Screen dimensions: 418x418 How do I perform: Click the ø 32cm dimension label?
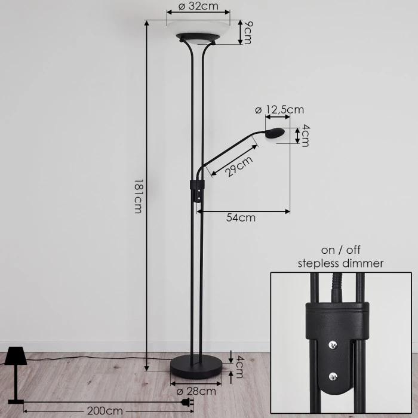pos(198,6)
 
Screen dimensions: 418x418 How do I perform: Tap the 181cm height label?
pos(138,196)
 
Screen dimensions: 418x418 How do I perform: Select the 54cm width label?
pos(241,218)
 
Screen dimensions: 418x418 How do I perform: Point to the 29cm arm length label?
pos(239,167)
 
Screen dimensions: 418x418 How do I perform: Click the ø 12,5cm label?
pos(279,110)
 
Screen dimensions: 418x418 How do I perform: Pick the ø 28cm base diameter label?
pos(196,391)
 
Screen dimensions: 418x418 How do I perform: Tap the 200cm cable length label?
pos(105,411)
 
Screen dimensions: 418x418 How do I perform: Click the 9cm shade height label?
pos(248,32)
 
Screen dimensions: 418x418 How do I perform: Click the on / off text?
pos(340,250)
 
